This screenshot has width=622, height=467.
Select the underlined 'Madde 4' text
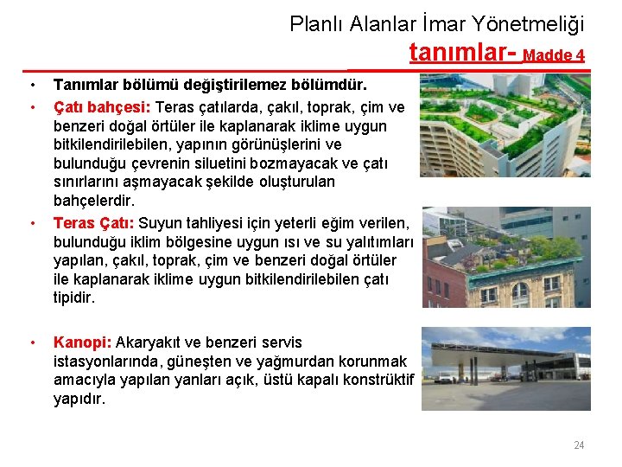coord(554,55)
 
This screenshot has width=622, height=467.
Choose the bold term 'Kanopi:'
coord(82,342)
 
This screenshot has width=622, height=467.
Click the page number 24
coord(579,445)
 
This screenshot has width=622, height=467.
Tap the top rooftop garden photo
coord(505,125)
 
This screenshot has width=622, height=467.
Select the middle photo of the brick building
coord(505,257)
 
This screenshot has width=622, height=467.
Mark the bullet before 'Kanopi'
coord(32,342)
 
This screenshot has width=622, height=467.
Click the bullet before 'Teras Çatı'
coord(32,223)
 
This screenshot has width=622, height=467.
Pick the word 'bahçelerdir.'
coord(92,201)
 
